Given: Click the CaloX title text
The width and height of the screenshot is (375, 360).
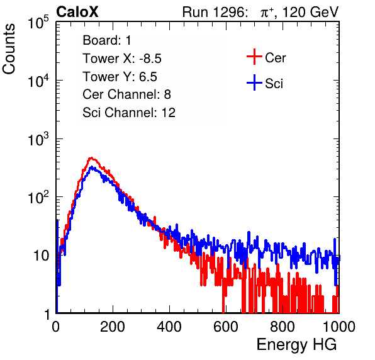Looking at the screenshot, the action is tap(77, 12).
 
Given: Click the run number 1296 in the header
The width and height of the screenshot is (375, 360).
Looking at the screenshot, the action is tap(229, 12).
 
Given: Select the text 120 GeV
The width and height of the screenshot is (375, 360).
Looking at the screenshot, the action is tap(310, 12).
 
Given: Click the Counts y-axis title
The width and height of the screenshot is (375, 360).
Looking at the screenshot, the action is tap(9, 49).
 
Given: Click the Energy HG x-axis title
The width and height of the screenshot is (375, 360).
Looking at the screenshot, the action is tap(297, 345).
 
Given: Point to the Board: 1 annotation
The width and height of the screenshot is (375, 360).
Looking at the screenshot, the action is tap(107, 40).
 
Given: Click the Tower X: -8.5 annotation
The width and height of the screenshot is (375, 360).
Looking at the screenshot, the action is tap(122, 59).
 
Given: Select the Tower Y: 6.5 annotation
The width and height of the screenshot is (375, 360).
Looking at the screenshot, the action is tap(120, 77).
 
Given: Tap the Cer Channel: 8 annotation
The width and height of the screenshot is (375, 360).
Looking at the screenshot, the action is tap(126, 94).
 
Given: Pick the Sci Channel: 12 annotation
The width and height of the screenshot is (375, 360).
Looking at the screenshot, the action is tap(129, 113).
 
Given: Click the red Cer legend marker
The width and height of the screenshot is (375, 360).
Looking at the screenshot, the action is tap(254, 57).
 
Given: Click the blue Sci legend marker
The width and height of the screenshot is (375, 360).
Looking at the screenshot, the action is tap(254, 83).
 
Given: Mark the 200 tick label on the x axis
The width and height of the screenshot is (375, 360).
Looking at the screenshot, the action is tap(113, 327).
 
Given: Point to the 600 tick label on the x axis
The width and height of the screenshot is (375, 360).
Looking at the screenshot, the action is tap(226, 327).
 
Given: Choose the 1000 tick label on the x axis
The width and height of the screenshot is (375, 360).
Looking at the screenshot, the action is tap(339, 327).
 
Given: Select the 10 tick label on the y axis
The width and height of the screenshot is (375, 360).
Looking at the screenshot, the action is tap(41, 256).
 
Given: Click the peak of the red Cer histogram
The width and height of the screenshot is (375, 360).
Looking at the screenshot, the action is tap(91, 158).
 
